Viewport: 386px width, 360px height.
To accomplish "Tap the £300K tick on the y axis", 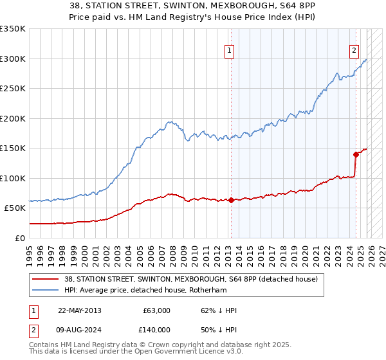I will point(13,59).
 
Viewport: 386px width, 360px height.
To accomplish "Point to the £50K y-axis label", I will point(14,208).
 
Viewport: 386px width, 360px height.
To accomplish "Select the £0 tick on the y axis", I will point(19,238).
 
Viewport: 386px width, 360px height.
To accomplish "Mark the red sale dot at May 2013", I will point(231,200).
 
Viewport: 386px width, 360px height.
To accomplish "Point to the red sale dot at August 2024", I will point(355,154).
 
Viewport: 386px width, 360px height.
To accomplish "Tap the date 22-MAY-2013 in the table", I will point(79,310).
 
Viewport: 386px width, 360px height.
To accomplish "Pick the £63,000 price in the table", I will point(157,310).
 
